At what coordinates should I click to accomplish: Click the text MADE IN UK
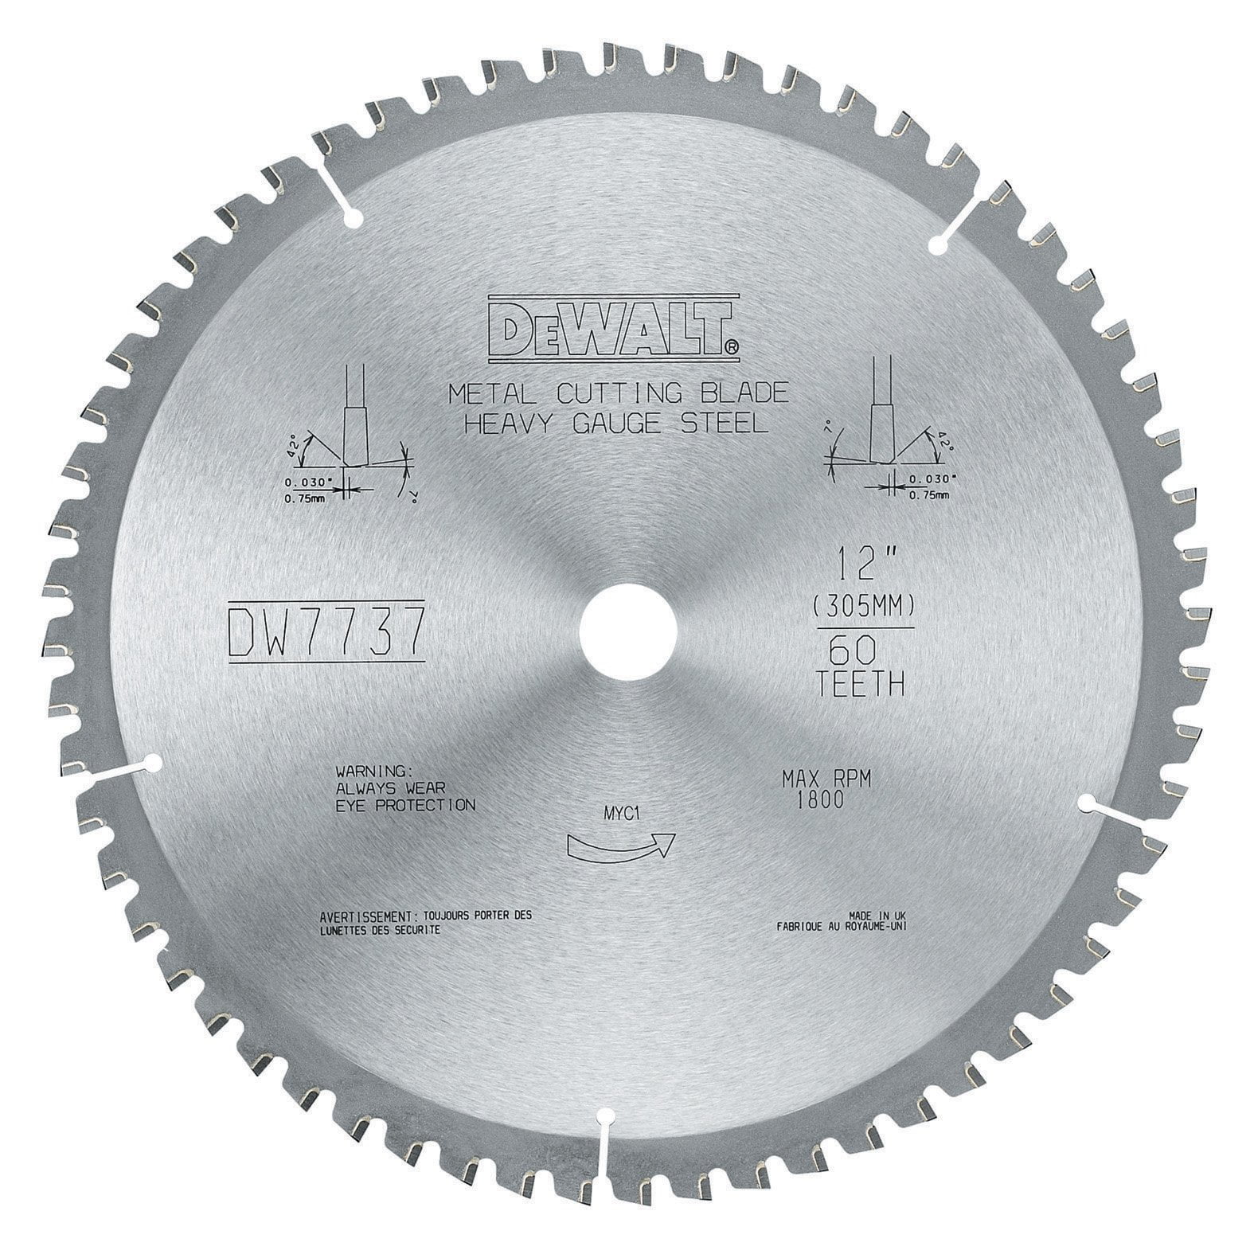pos(871,916)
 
